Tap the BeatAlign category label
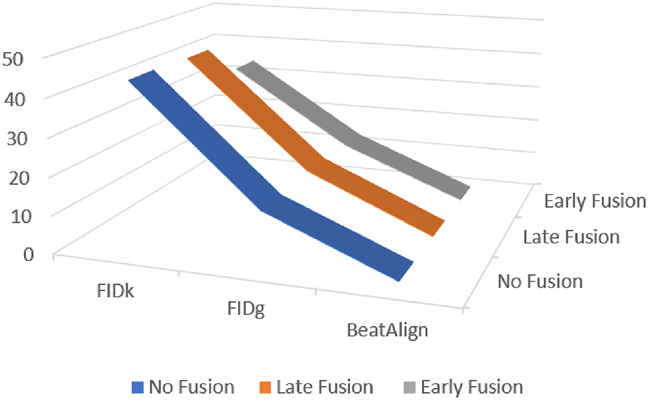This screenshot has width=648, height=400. pos(387,330)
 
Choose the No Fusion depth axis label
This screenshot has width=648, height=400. pos(540,281)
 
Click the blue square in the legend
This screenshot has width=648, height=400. pos(139,387)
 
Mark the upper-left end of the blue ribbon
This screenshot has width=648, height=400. pos(142,75)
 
